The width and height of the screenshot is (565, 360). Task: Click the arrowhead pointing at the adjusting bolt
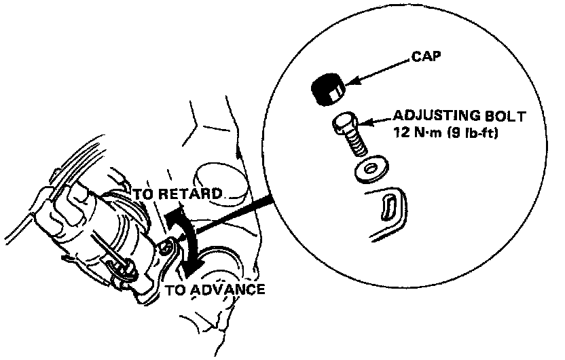click(361, 124)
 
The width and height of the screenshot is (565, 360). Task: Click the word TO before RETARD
click(143, 194)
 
